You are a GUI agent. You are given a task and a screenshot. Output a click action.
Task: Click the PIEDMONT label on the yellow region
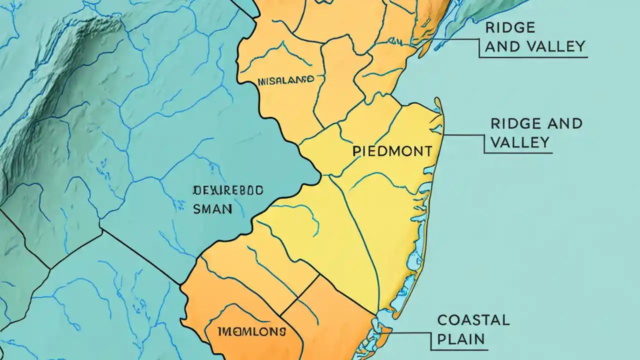pyautogui.click(x=392, y=151)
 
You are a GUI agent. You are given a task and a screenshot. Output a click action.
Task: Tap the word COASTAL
pyautogui.click(x=473, y=320)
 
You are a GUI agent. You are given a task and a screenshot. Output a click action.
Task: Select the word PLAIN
pyautogui.click(x=460, y=339)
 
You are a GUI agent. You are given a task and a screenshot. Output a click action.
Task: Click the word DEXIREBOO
pyautogui.click(x=228, y=190)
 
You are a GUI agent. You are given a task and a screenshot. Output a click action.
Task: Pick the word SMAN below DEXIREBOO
pyautogui.click(x=212, y=209)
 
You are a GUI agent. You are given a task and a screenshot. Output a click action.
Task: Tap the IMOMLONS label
pyautogui.click(x=251, y=331)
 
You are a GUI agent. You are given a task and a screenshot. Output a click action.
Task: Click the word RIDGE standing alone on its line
pyautogui.click(x=510, y=27)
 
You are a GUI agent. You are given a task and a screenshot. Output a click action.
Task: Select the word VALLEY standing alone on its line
pyautogui.click(x=520, y=143)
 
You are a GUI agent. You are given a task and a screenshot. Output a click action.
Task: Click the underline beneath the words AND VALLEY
pyautogui.click(x=532, y=57)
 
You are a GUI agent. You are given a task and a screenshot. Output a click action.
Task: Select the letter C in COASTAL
pyautogui.click(x=442, y=320)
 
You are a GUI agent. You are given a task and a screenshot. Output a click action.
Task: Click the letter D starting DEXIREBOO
pyautogui.click(x=196, y=190)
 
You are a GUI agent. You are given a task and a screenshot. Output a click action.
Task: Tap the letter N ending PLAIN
pyautogui.click(x=479, y=339)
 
